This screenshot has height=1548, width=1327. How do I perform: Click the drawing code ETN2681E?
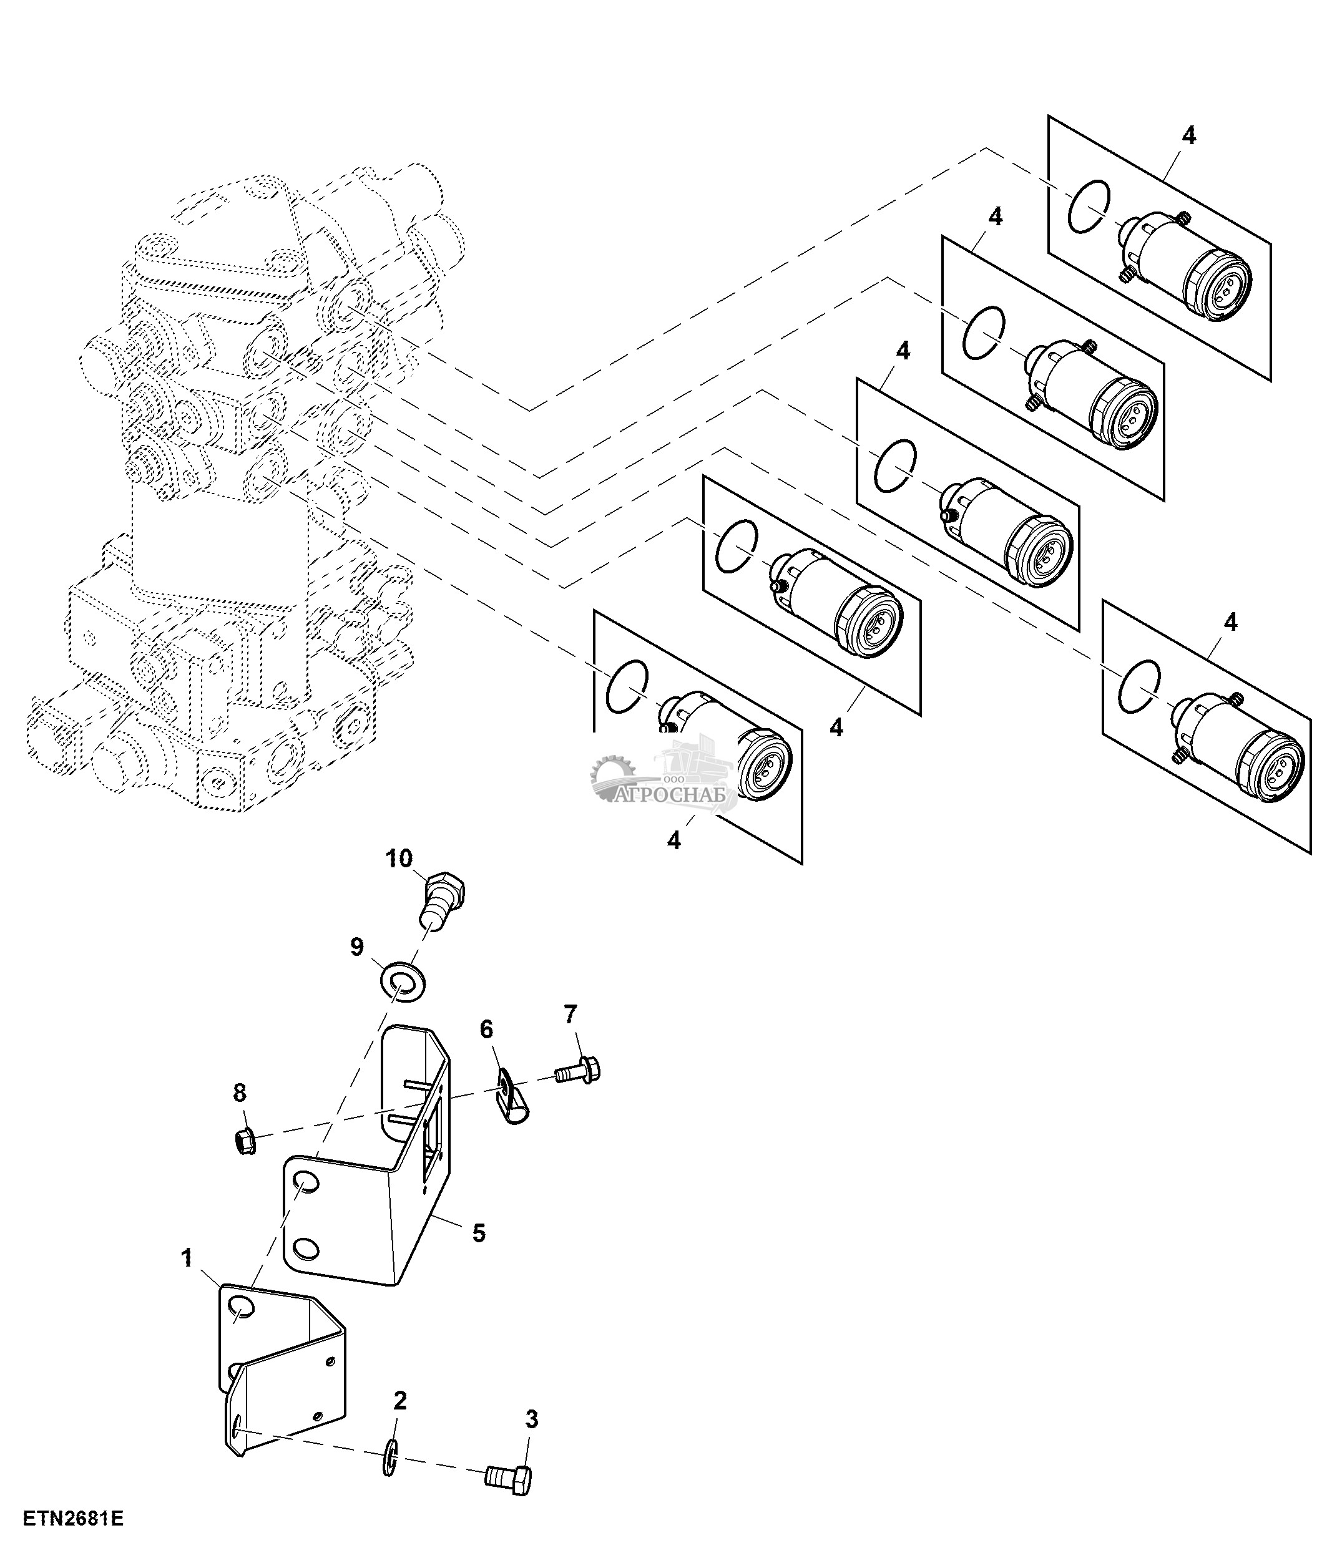point(72,1519)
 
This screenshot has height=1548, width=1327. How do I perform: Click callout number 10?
point(399,859)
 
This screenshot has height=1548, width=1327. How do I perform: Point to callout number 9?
point(357,947)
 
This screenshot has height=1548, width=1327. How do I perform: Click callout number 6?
point(486,1030)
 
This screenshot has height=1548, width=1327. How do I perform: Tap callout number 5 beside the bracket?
point(479,1233)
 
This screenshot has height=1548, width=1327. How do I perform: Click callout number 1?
point(187,1258)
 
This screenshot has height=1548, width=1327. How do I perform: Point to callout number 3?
point(531,1419)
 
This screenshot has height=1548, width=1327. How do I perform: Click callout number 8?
point(239,1093)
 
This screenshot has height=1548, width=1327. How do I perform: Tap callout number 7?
point(570,1014)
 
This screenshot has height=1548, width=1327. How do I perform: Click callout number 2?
point(399,1400)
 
